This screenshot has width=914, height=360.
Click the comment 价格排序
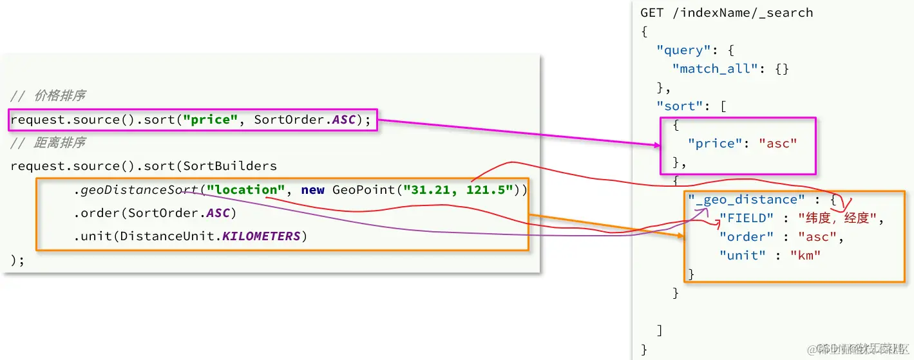59,96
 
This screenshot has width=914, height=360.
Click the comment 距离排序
59,142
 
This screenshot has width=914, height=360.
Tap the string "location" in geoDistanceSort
245,189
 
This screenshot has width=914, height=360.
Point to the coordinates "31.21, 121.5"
458,189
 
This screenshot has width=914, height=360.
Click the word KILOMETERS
262,236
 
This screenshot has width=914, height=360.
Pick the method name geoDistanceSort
139,189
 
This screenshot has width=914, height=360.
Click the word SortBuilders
230,166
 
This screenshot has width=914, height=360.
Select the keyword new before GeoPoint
312,189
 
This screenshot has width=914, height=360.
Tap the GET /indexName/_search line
727,13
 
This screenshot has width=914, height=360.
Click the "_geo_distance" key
747,200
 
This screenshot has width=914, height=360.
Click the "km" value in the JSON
805,256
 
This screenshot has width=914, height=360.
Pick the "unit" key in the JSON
743,256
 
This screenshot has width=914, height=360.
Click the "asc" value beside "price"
778,144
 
